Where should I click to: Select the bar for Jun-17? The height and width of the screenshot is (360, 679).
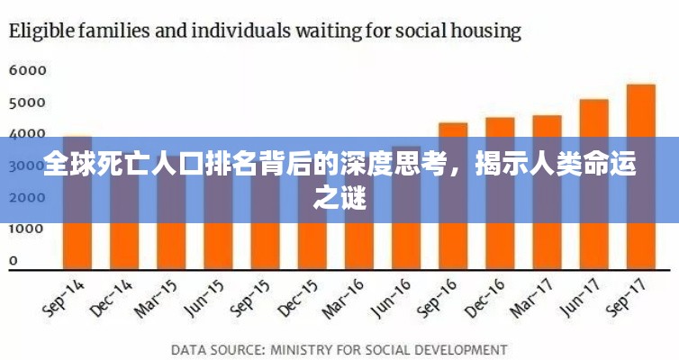(x=593, y=184)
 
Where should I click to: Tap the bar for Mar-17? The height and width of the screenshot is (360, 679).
(x=547, y=193)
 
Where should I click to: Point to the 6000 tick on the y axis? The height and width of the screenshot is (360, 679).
(x=27, y=69)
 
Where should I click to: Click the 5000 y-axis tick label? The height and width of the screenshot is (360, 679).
(x=27, y=102)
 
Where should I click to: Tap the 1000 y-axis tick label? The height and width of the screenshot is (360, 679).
(x=27, y=229)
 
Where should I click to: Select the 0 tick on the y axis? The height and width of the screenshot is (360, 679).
(x=14, y=261)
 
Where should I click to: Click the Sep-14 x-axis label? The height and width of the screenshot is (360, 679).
(x=63, y=296)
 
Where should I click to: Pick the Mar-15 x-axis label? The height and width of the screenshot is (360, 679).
(x=158, y=296)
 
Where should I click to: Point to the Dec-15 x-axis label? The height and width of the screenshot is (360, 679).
(x=298, y=296)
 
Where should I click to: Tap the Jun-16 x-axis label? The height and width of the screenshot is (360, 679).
(x=392, y=296)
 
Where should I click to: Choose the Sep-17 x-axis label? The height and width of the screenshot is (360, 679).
(x=626, y=296)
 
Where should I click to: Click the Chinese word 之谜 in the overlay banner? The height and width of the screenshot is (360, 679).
(x=339, y=197)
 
